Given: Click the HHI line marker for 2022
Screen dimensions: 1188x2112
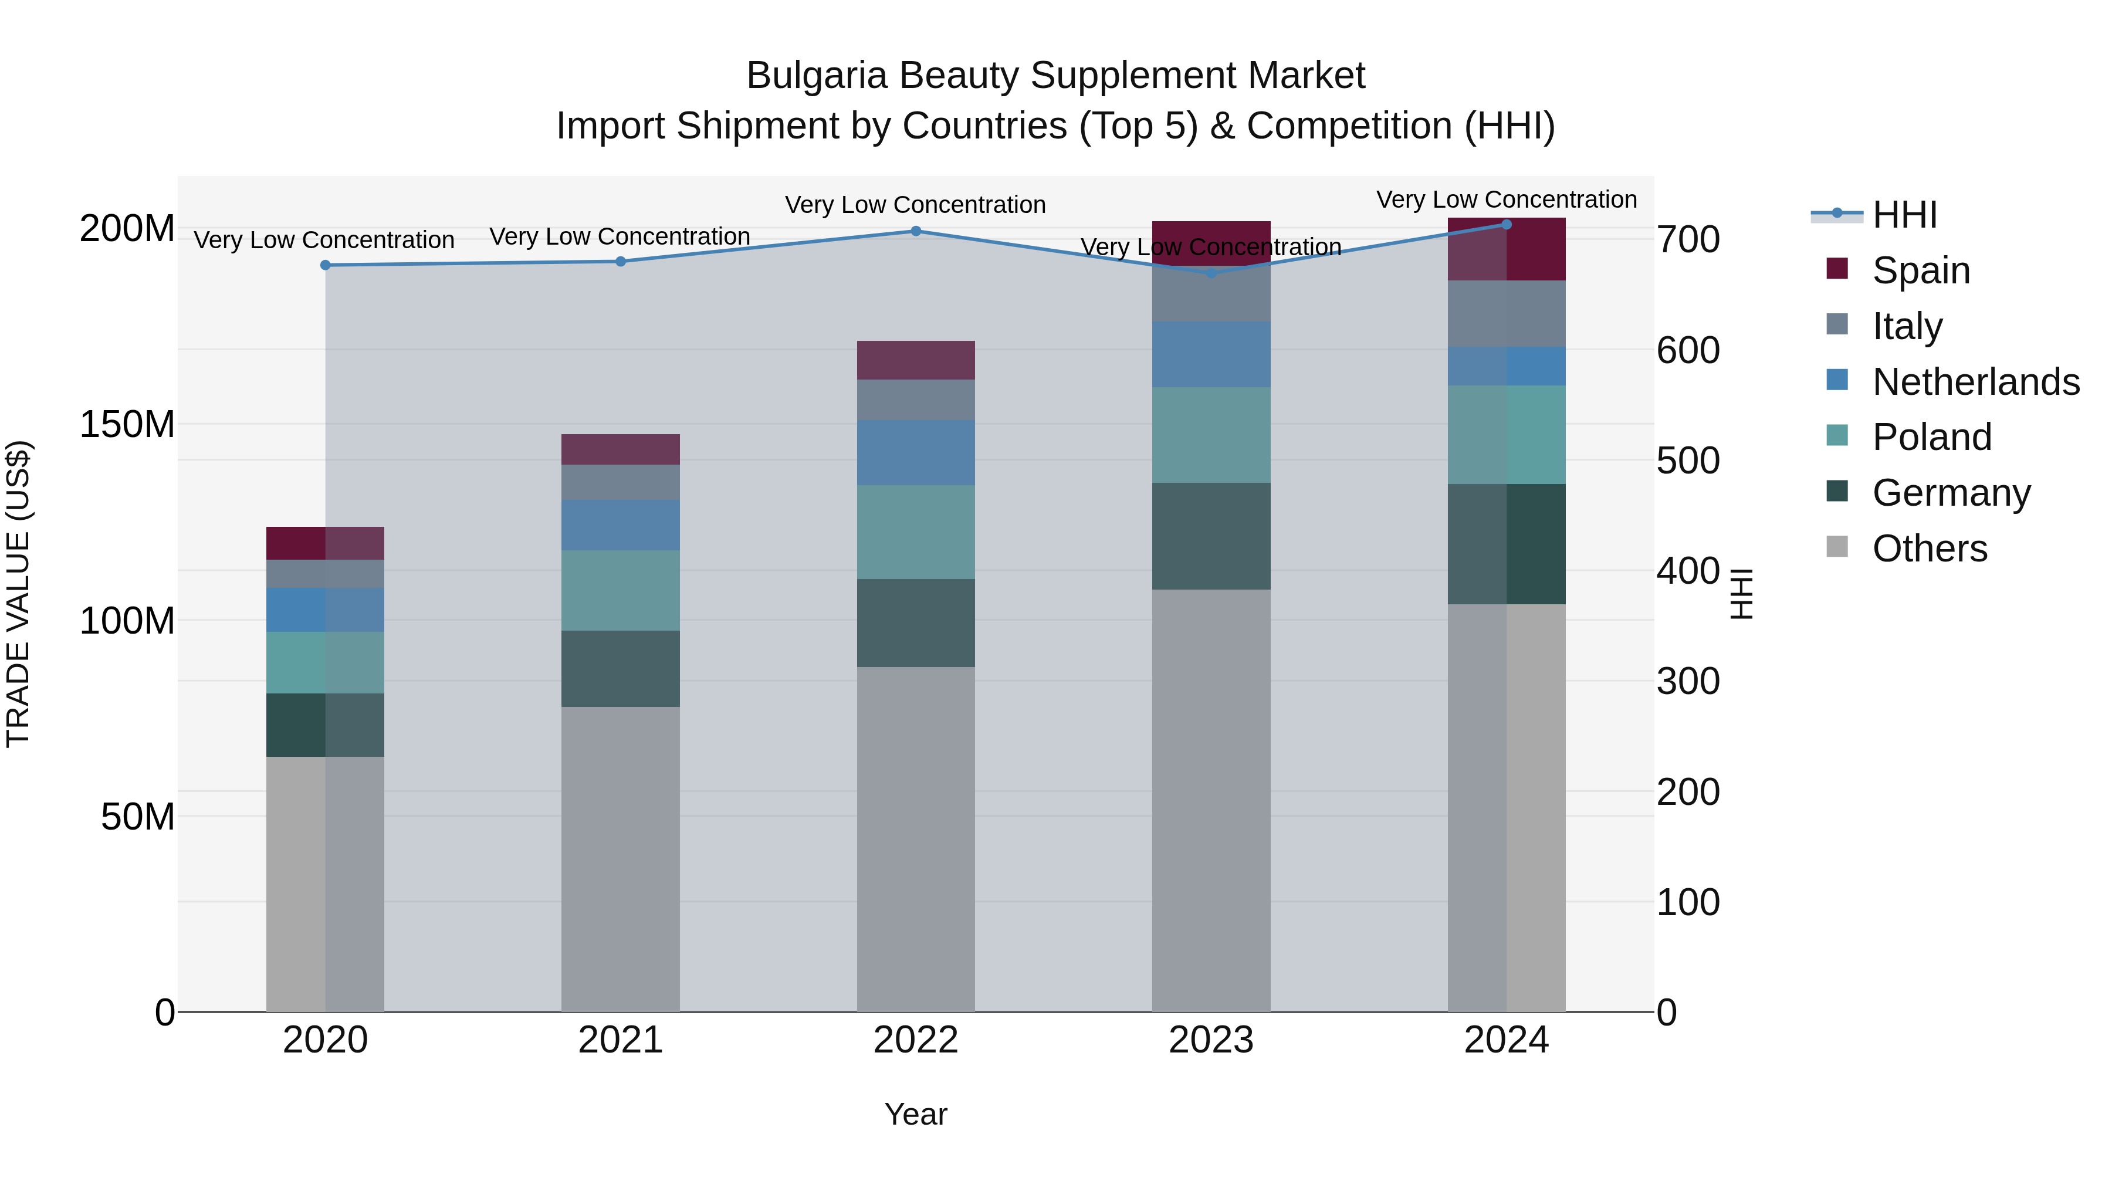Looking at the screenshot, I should tap(916, 231).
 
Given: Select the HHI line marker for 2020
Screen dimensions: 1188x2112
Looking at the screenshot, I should tap(326, 265).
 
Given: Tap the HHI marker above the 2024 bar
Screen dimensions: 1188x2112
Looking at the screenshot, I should tap(1506, 225).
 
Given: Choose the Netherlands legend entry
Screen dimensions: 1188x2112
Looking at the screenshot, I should tap(1974, 382).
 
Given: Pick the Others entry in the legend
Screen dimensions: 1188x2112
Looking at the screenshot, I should tap(1928, 549).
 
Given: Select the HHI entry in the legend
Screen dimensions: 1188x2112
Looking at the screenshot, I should tap(1904, 215).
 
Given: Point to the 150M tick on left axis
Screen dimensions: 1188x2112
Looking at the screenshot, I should tap(127, 425).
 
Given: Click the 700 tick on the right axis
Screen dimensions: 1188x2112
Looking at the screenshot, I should tap(1687, 240).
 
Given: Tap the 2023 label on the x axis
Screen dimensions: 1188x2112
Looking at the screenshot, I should tap(1211, 1040).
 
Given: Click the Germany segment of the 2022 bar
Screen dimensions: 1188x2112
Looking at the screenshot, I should tap(916, 623).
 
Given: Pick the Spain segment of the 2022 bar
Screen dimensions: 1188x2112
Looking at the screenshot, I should tap(916, 360).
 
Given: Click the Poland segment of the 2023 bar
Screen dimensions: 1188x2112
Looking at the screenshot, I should tap(1211, 435).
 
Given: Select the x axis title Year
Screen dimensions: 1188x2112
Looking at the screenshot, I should tap(916, 1114).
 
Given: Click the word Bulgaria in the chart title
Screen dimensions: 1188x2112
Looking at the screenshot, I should tap(817, 76).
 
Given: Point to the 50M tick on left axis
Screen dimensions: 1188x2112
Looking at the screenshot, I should tap(138, 817).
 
